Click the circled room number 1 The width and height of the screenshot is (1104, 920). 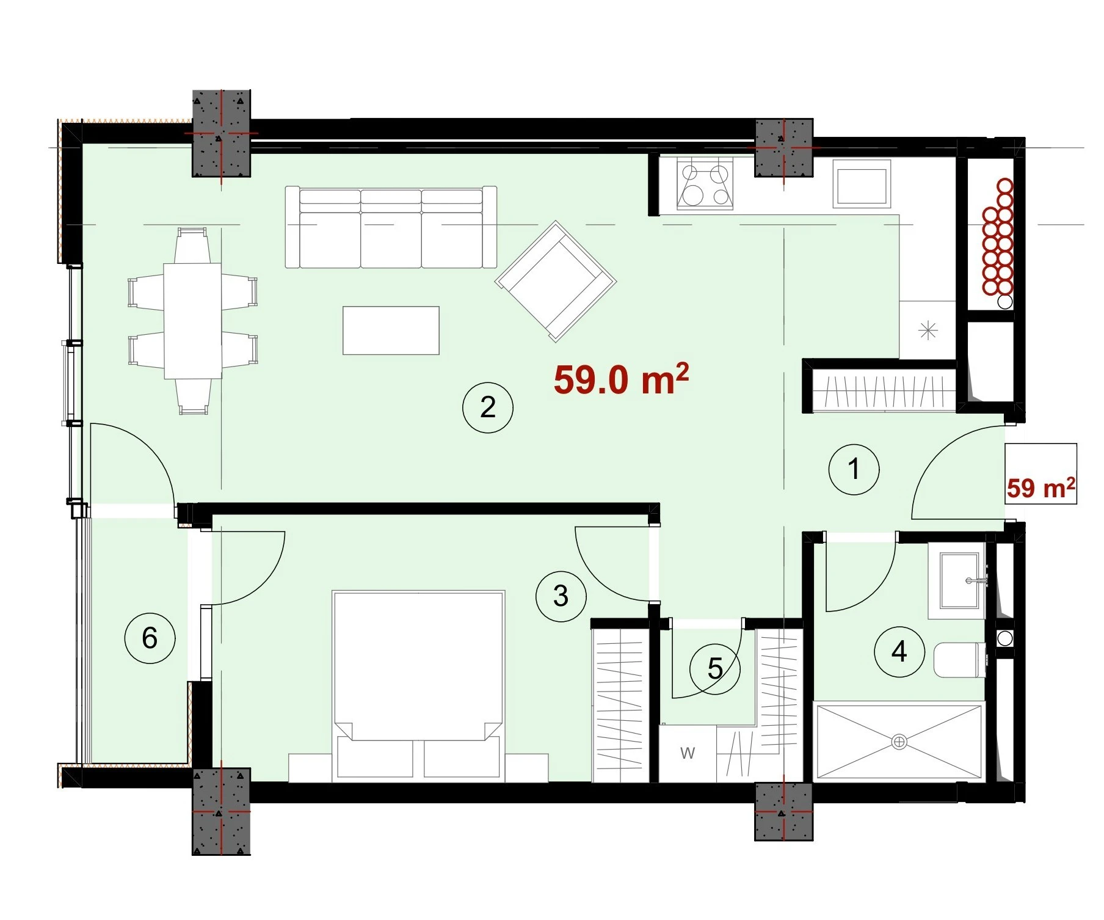pyautogui.click(x=854, y=469)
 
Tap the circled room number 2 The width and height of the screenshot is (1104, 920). pyautogui.click(x=488, y=407)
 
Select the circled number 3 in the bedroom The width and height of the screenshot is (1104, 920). pyautogui.click(x=561, y=596)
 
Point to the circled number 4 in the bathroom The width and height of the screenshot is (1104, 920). pyautogui.click(x=899, y=652)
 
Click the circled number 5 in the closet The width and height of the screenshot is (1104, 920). pyautogui.click(x=715, y=669)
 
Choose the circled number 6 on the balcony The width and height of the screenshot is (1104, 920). pyautogui.click(x=150, y=638)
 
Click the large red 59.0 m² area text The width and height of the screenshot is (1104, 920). pyautogui.click(x=621, y=379)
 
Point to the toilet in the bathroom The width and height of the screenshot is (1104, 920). pyautogui.click(x=960, y=659)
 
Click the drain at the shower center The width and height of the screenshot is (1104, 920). pyautogui.click(x=899, y=742)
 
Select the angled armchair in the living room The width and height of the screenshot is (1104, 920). pyautogui.click(x=556, y=281)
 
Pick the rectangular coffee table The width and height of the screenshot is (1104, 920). pyautogui.click(x=391, y=330)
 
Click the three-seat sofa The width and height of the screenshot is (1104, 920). pyautogui.click(x=391, y=227)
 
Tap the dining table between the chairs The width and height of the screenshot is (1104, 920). pyautogui.click(x=192, y=321)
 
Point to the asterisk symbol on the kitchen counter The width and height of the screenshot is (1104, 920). pyautogui.click(x=928, y=330)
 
